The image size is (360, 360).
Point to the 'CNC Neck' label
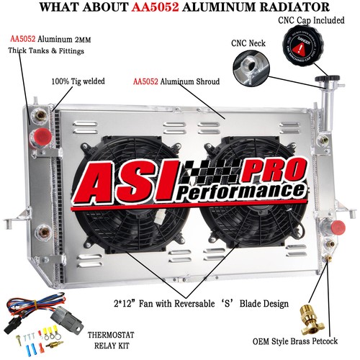(248, 44)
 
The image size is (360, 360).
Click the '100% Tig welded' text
(80, 82)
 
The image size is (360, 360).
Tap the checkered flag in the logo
(208, 172)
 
